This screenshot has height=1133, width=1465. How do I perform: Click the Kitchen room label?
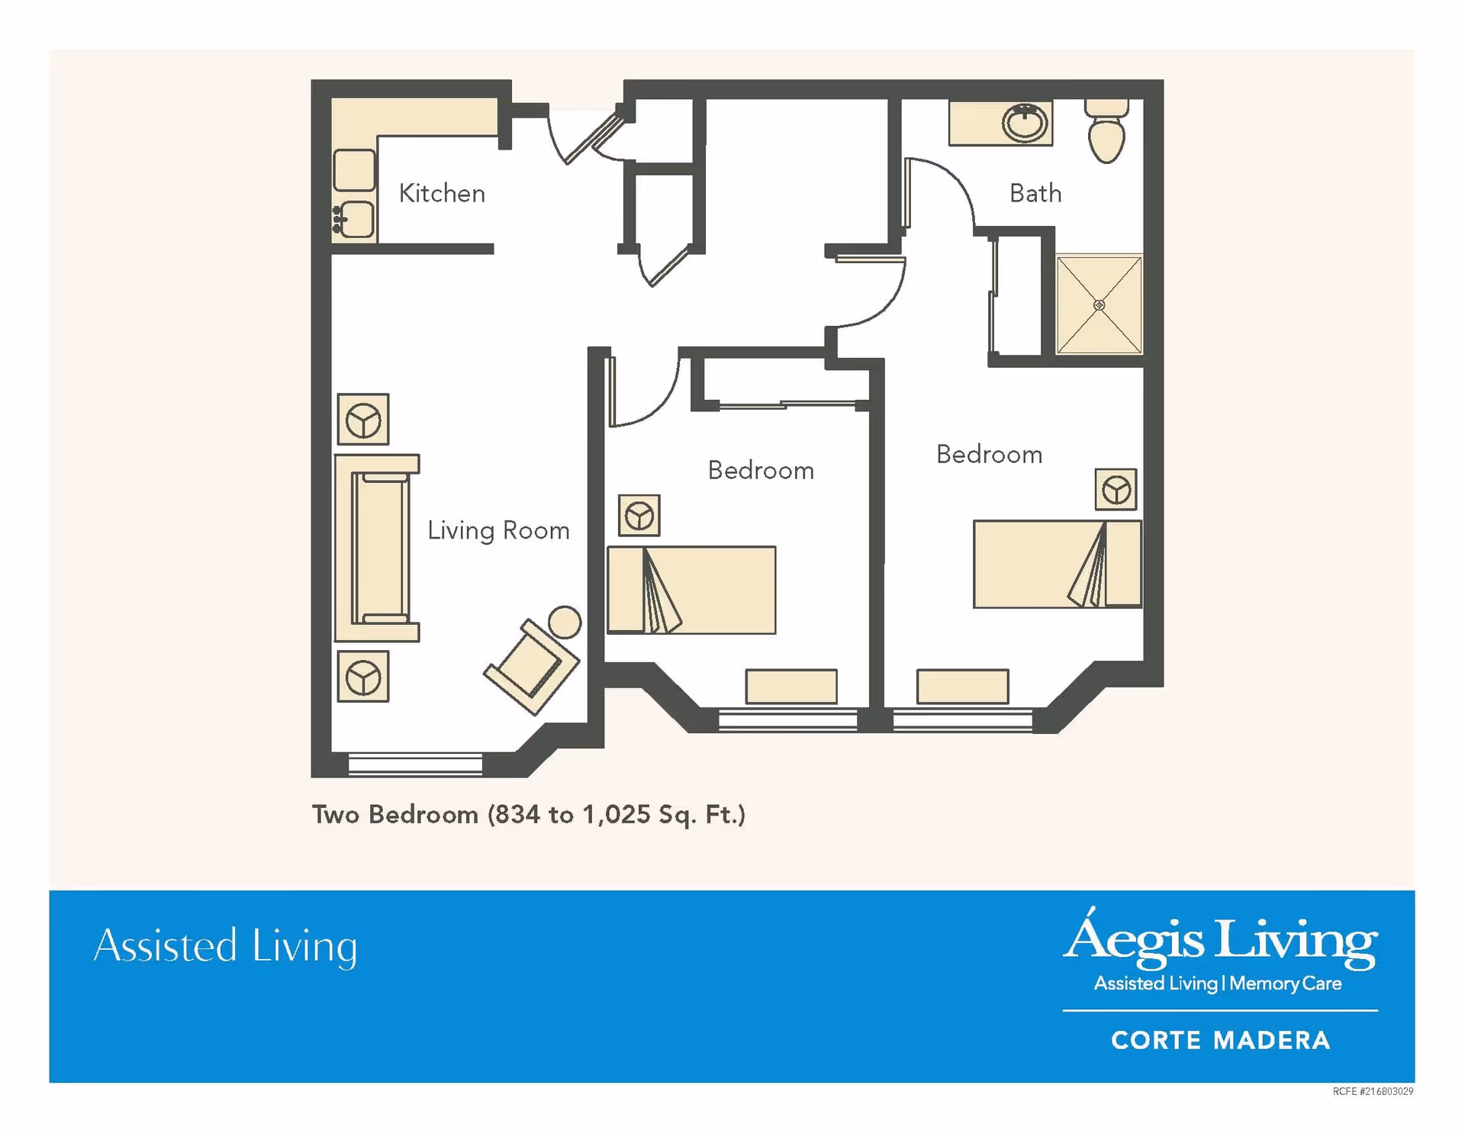[x=442, y=193]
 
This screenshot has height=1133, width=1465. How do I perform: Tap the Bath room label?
[x=1035, y=193]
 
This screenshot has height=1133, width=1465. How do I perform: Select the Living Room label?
[x=498, y=530]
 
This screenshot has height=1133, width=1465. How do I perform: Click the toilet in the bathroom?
[x=1106, y=130]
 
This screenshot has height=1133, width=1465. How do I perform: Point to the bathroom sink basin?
[x=1025, y=122]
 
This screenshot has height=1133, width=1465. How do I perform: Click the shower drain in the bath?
[x=1099, y=305]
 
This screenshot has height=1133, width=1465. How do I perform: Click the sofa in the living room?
[x=376, y=548]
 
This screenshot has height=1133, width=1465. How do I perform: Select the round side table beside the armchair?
[x=565, y=622]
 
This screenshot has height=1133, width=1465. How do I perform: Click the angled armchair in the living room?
[x=531, y=666]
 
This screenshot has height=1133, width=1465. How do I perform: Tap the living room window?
[x=415, y=764]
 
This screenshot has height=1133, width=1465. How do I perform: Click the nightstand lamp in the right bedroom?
[x=1116, y=489]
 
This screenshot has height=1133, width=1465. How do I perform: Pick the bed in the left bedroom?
[x=691, y=590]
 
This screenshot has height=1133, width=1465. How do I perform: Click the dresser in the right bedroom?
[x=962, y=687]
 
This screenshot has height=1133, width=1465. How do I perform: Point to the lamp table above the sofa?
[x=363, y=420]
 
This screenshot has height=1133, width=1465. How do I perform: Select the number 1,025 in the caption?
[x=617, y=815]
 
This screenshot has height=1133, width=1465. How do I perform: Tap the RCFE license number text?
[x=1373, y=1092]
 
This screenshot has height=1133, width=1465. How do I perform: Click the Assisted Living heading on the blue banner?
[x=226, y=946]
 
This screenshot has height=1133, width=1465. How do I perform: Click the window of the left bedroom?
[x=787, y=720]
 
